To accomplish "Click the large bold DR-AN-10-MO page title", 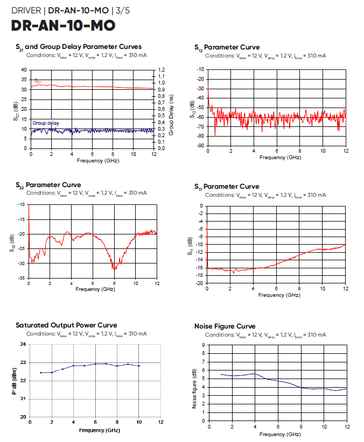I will pos(63,25).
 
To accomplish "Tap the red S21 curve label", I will pos(38,81).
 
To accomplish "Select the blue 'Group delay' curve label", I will pos(46,123).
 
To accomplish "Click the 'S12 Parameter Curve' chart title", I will pos(227,47).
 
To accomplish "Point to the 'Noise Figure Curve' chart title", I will pos(224,326).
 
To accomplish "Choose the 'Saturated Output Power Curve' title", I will pos(66,325).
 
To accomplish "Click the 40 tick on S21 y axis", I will pos(23,70).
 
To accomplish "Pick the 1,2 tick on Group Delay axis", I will pos(161,70).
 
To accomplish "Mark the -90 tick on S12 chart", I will pos(200,146).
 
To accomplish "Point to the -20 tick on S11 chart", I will pos(199,283).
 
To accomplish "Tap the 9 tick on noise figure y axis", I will pos(203,345).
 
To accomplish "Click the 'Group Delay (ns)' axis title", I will pos(171,109).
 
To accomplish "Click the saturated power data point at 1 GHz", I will pos(41,373).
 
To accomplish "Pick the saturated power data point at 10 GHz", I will pos(139,366).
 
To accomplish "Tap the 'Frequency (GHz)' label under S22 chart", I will pos(92,289).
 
